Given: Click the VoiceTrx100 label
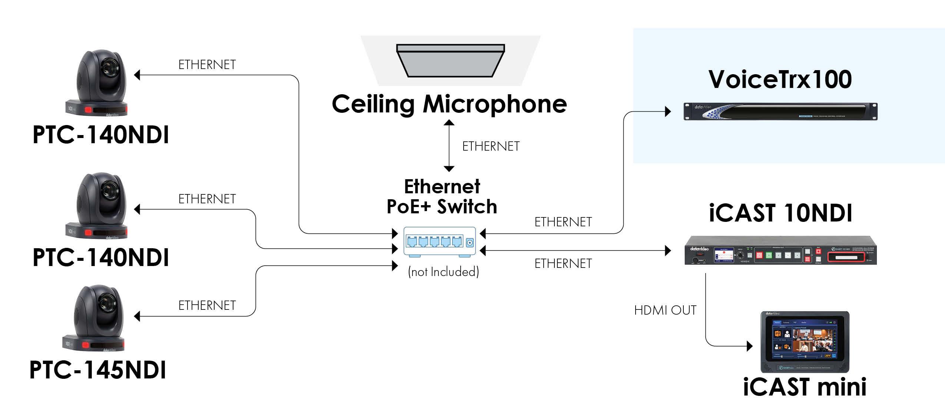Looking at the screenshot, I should click(780, 79).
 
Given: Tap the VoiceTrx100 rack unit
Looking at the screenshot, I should click(780, 112).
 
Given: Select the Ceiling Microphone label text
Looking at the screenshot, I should click(449, 104).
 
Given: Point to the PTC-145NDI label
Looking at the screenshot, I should click(98, 370).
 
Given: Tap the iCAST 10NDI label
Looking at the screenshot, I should click(780, 213).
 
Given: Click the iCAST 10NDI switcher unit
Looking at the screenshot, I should click(780, 256).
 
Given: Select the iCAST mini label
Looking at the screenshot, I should click(805, 387).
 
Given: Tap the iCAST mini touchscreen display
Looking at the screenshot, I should click(805, 341).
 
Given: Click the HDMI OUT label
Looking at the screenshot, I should click(665, 310).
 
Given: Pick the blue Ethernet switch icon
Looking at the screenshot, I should click(440, 242).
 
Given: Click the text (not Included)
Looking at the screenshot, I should click(443, 272).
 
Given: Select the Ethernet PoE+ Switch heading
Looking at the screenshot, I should click(442, 197).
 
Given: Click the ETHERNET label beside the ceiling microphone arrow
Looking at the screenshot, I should click(491, 147).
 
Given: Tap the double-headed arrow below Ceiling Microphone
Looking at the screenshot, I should click(449, 145).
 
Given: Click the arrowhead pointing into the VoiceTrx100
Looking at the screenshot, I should click(668, 111).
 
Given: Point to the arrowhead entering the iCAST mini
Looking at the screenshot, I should click(749, 346).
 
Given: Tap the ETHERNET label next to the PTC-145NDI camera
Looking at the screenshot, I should click(207, 306).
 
